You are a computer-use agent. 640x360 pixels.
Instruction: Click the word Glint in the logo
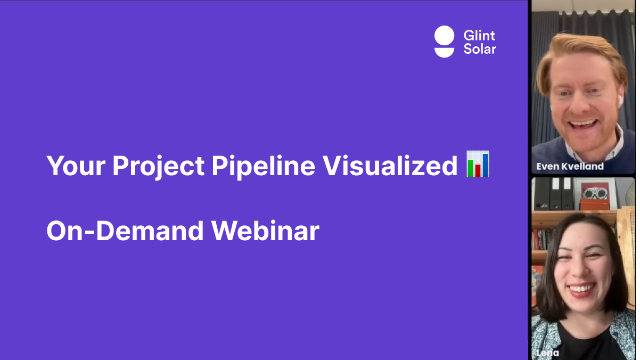point(479,36)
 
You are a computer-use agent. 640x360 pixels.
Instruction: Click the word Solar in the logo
point(480,48)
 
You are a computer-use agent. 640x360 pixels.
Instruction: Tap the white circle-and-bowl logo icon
point(444,42)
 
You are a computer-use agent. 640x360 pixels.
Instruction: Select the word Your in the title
point(76,166)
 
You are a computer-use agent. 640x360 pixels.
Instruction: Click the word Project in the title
point(158,167)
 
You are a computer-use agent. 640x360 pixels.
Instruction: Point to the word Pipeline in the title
point(263,167)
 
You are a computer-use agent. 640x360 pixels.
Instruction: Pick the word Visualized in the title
point(390,166)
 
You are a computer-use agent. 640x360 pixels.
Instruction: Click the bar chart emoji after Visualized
point(478,163)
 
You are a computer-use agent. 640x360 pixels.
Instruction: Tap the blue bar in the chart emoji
point(486,165)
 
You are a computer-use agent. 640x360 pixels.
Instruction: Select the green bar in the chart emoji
point(470,168)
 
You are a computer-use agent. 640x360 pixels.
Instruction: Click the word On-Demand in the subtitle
point(125,231)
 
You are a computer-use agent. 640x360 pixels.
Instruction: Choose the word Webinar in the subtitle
point(265,231)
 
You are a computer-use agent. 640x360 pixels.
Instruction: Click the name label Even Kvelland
point(570,166)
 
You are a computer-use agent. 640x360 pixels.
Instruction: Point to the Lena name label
point(547,353)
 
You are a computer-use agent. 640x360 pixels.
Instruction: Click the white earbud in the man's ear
point(620,101)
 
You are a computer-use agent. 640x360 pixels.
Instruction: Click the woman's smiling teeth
point(581,288)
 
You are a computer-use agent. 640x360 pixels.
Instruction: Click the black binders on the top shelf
point(554,194)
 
